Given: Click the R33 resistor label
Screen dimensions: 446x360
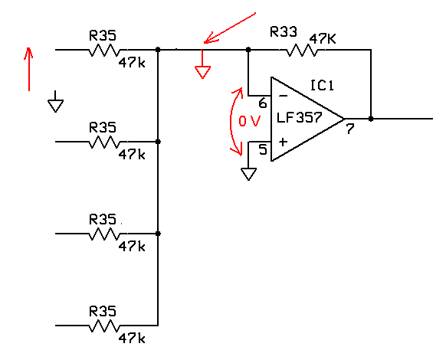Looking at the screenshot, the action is coord(284,31).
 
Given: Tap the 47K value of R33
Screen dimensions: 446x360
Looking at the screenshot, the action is coord(323,38).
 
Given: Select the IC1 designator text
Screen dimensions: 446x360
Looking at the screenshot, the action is coord(322,85).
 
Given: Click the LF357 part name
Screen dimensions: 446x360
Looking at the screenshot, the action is coord(299,117).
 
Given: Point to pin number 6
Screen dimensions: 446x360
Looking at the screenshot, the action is coord(263,103).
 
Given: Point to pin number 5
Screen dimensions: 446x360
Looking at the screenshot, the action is coord(263,149).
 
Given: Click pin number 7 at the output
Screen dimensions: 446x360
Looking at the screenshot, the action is coord(350,129).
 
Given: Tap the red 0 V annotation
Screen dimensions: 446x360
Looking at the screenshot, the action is coord(249,122).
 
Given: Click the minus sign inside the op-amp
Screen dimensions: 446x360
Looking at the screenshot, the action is coord(283,96).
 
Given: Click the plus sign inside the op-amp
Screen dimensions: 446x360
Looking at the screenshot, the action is coord(283,142).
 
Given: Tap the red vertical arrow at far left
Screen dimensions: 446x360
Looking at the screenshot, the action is coord(28,69).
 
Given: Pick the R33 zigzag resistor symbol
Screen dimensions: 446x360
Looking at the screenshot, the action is coord(302,50).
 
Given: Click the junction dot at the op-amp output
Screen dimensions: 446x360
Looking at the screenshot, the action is coord(371,119).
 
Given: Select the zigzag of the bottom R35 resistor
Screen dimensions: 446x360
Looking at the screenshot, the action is coord(104,326).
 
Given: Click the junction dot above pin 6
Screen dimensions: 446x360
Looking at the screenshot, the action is coord(248,50).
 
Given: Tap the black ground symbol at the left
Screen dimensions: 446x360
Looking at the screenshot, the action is coord(55,103).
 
